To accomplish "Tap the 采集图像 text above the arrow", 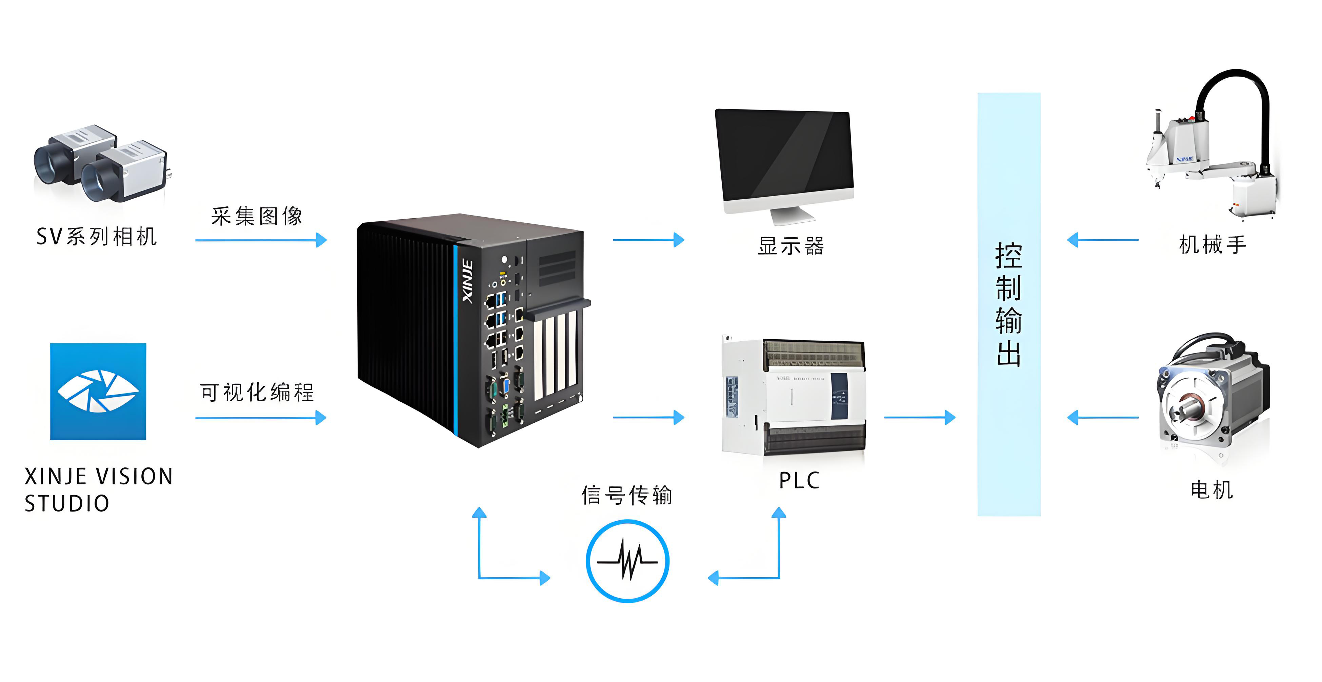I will [x=257, y=216].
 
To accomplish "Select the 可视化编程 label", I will [x=257, y=393].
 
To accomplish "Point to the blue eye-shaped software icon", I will [x=98, y=391].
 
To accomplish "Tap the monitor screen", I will [x=784, y=157].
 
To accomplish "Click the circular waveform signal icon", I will [x=627, y=561].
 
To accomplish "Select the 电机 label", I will [x=1211, y=490].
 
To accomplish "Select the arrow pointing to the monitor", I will [x=648, y=240].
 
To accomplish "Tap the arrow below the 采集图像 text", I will [x=261, y=240].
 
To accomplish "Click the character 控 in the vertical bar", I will [x=1008, y=256].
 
